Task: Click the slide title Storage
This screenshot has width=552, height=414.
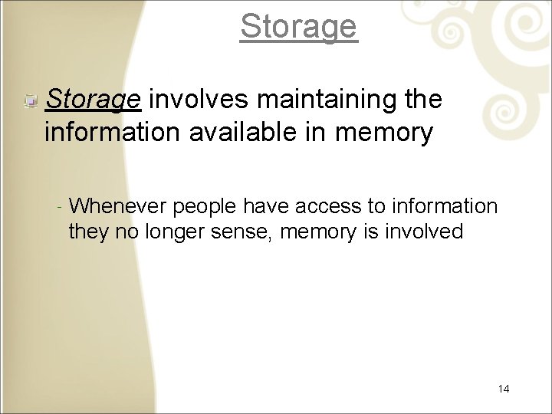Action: coord(298,26)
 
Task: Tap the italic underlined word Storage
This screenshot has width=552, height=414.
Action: coord(94,100)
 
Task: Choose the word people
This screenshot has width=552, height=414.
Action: coord(206,207)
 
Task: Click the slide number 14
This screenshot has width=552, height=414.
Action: coord(504,389)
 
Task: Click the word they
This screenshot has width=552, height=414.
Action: coord(87,232)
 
